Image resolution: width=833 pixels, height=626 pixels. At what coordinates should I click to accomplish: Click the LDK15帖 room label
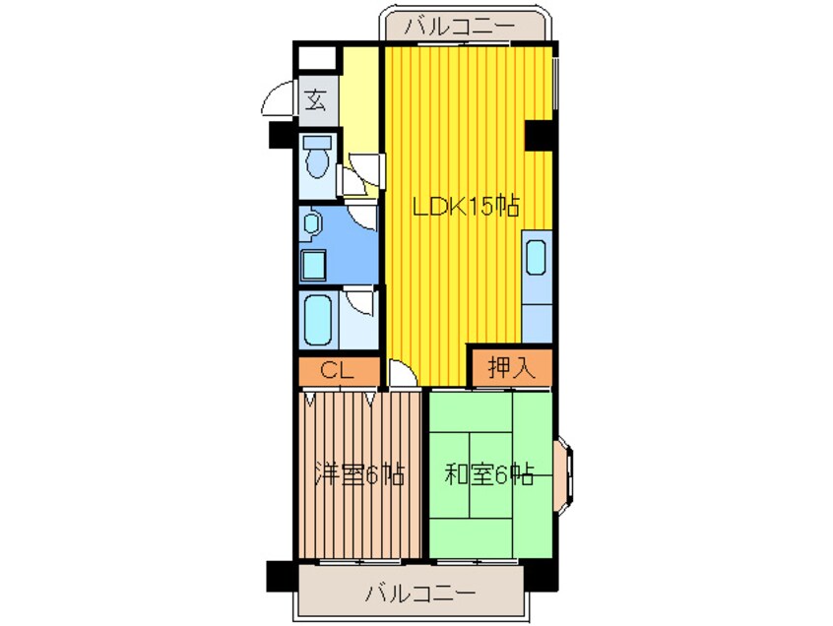(466, 207)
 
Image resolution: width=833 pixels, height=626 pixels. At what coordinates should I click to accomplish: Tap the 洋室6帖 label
(359, 474)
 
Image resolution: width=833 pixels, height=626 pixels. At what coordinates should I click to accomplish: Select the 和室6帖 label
(488, 474)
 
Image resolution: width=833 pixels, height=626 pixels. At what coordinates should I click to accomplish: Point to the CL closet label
(337, 371)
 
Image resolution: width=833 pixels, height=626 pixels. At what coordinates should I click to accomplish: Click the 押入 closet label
(511, 367)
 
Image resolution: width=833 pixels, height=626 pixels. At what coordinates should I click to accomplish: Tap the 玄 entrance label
(315, 100)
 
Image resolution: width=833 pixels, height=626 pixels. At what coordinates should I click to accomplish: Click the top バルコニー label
(460, 26)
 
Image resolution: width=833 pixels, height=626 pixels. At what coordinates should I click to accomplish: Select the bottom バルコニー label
(419, 593)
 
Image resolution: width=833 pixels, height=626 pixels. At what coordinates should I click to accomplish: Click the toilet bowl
(317, 162)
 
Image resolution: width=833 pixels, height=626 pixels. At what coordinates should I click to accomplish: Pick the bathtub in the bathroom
(318, 319)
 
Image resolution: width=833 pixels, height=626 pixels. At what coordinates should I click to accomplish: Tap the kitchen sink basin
(536, 258)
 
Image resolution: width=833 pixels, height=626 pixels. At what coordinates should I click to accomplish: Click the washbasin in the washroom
(311, 223)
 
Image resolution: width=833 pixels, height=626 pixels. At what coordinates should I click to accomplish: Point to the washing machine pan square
(313, 265)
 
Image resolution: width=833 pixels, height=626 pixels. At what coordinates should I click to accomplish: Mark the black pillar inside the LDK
(540, 136)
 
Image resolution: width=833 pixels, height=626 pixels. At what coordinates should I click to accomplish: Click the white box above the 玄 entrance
(317, 57)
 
